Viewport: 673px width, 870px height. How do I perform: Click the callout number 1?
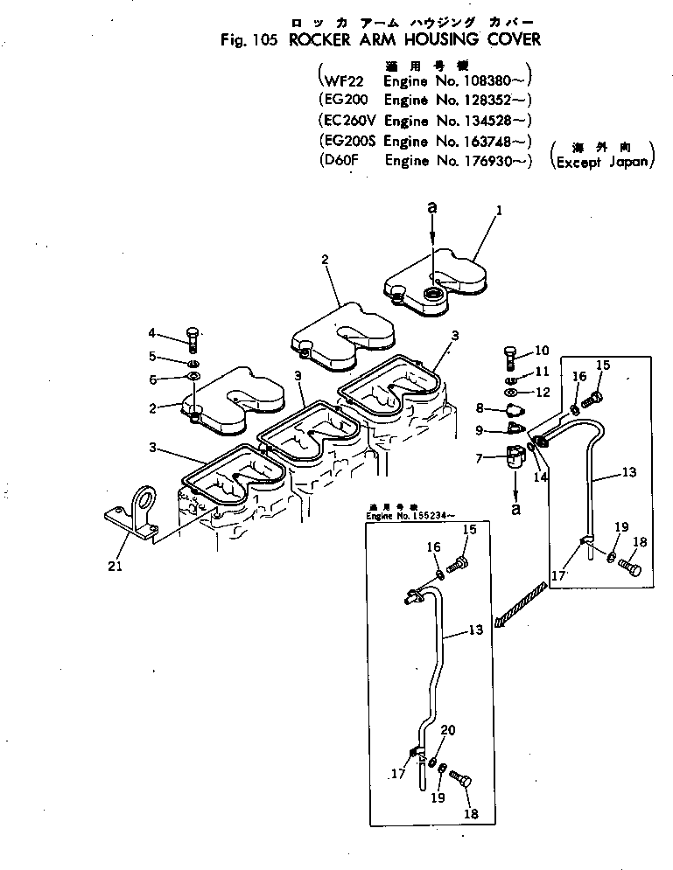point(499,210)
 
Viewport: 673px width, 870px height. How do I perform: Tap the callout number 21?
point(114,567)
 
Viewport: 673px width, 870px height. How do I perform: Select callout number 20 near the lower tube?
point(447,730)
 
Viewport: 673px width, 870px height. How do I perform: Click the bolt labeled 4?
point(193,336)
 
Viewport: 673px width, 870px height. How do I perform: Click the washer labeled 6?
point(193,377)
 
